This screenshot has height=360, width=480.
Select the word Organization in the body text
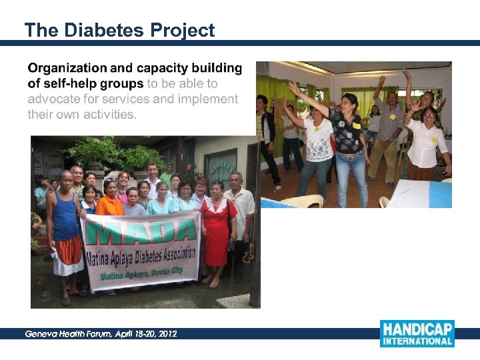tap(67, 68)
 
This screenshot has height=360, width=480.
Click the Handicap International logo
tap(417, 333)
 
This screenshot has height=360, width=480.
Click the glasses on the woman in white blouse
tap(428, 113)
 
